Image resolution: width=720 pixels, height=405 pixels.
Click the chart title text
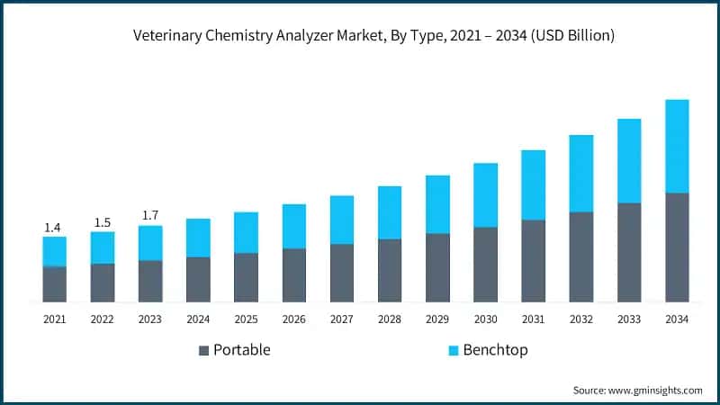coord(373,37)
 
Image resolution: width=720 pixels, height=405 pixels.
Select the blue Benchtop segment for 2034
coord(677,146)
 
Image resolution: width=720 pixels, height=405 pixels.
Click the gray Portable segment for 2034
coord(677,247)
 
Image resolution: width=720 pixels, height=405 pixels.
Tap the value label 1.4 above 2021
coord(54,229)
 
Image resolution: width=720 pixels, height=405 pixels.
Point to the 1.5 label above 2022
coord(103,222)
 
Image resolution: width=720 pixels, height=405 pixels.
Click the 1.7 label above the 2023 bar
coord(150,216)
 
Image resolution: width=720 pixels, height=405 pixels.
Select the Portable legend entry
coord(234,350)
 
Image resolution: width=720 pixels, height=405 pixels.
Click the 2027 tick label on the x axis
coord(342,319)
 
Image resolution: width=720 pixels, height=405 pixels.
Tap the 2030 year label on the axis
coord(486,319)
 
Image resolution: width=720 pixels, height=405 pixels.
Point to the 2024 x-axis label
coord(198,319)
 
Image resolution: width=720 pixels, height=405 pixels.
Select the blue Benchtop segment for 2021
coord(54,251)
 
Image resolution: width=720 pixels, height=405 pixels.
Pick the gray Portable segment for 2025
coord(246,277)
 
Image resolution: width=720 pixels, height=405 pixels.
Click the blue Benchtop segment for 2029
coord(437,204)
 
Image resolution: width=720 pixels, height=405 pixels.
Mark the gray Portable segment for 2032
coord(581,256)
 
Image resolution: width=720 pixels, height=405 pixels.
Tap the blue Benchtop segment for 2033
coord(629,160)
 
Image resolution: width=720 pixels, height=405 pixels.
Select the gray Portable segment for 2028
coord(390,270)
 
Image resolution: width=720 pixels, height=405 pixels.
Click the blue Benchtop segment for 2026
coord(294,226)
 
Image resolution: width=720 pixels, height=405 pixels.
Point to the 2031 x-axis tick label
coord(534,319)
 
